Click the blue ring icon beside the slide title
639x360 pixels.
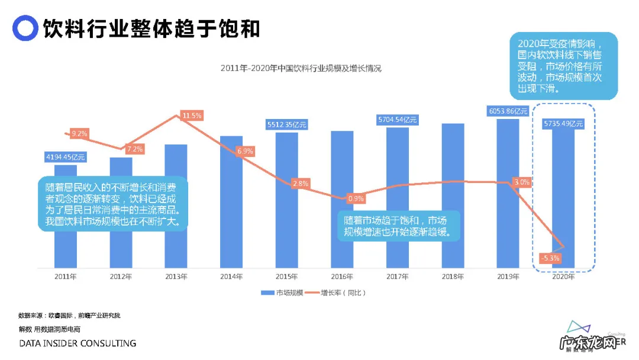click(x=25, y=28)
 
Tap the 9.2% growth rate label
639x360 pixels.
click(x=79, y=134)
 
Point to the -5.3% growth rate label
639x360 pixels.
click(x=550, y=258)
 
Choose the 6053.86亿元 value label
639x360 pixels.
click(x=508, y=111)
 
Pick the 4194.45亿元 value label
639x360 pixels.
click(x=66, y=157)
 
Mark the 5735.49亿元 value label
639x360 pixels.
click(x=563, y=124)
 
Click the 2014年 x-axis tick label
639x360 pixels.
click(x=231, y=277)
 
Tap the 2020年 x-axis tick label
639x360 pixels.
click(x=563, y=277)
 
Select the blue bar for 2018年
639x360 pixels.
click(x=453, y=195)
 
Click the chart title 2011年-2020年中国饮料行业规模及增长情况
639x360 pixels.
click(x=301, y=68)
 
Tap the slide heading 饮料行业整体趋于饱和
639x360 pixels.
click(x=151, y=28)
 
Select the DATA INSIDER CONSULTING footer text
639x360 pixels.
click(x=78, y=343)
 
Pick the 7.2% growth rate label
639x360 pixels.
click(x=134, y=149)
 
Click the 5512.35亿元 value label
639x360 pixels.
click(x=287, y=125)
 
